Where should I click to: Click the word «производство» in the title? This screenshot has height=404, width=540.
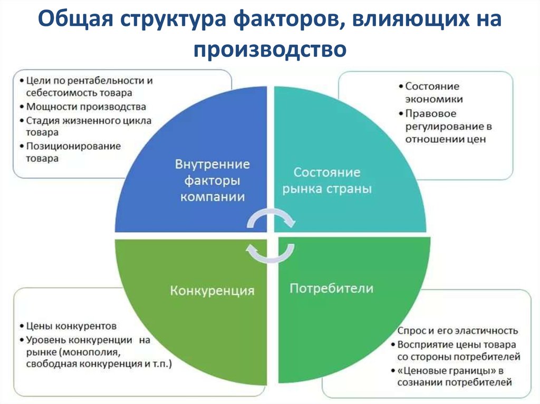(x=270, y=50)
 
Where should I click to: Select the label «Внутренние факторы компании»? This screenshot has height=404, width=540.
(x=213, y=181)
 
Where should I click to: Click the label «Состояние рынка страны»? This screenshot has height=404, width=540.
(x=327, y=181)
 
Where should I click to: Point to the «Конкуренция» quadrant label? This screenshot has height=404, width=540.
(x=212, y=291)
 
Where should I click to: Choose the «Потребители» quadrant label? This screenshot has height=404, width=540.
(x=331, y=288)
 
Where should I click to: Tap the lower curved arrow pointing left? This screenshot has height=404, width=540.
(x=270, y=253)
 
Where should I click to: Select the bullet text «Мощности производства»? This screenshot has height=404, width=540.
(x=86, y=107)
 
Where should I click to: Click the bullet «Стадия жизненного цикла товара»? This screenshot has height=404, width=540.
(x=89, y=126)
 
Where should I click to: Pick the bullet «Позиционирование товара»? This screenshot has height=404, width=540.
(x=73, y=152)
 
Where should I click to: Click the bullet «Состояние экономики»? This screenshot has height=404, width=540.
(x=433, y=93)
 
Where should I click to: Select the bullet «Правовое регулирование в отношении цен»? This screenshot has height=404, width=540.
(x=448, y=126)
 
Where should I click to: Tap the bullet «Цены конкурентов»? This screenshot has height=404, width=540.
(x=71, y=326)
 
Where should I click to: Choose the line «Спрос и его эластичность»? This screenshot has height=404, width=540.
(x=458, y=331)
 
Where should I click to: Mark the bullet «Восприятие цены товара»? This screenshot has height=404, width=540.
(x=457, y=344)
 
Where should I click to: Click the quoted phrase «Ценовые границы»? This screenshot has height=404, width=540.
(x=447, y=371)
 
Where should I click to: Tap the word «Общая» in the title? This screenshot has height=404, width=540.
(x=75, y=19)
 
